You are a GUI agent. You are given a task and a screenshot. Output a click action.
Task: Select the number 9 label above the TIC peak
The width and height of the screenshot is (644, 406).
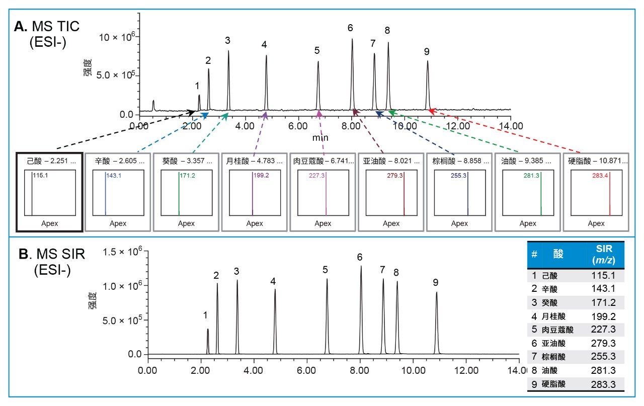click(x=427, y=51)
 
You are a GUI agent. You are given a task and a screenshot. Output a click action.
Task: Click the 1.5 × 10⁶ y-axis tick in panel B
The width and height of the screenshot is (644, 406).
click(x=116, y=252)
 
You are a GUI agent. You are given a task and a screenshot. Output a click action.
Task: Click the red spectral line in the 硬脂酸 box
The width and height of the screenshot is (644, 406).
click(x=610, y=194)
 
